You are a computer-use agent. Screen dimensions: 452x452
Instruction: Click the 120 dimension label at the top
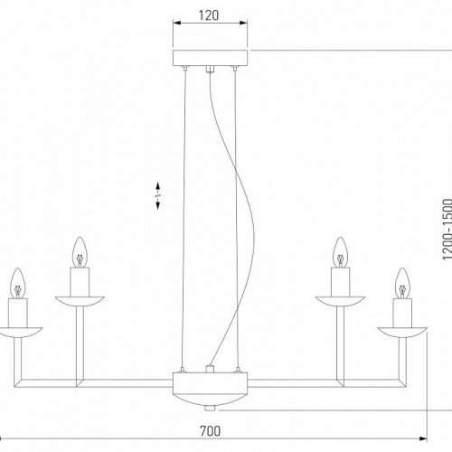click(210, 15)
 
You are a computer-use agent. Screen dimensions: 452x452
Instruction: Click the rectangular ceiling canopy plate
click(210, 56)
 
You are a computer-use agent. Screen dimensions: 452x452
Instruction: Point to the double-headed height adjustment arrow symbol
click(158, 197)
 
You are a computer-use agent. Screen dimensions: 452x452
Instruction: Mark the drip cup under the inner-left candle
click(79, 299)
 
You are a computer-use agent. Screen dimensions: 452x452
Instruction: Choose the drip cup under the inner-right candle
click(341, 299)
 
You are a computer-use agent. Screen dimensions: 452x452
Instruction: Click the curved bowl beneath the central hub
click(210, 395)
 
